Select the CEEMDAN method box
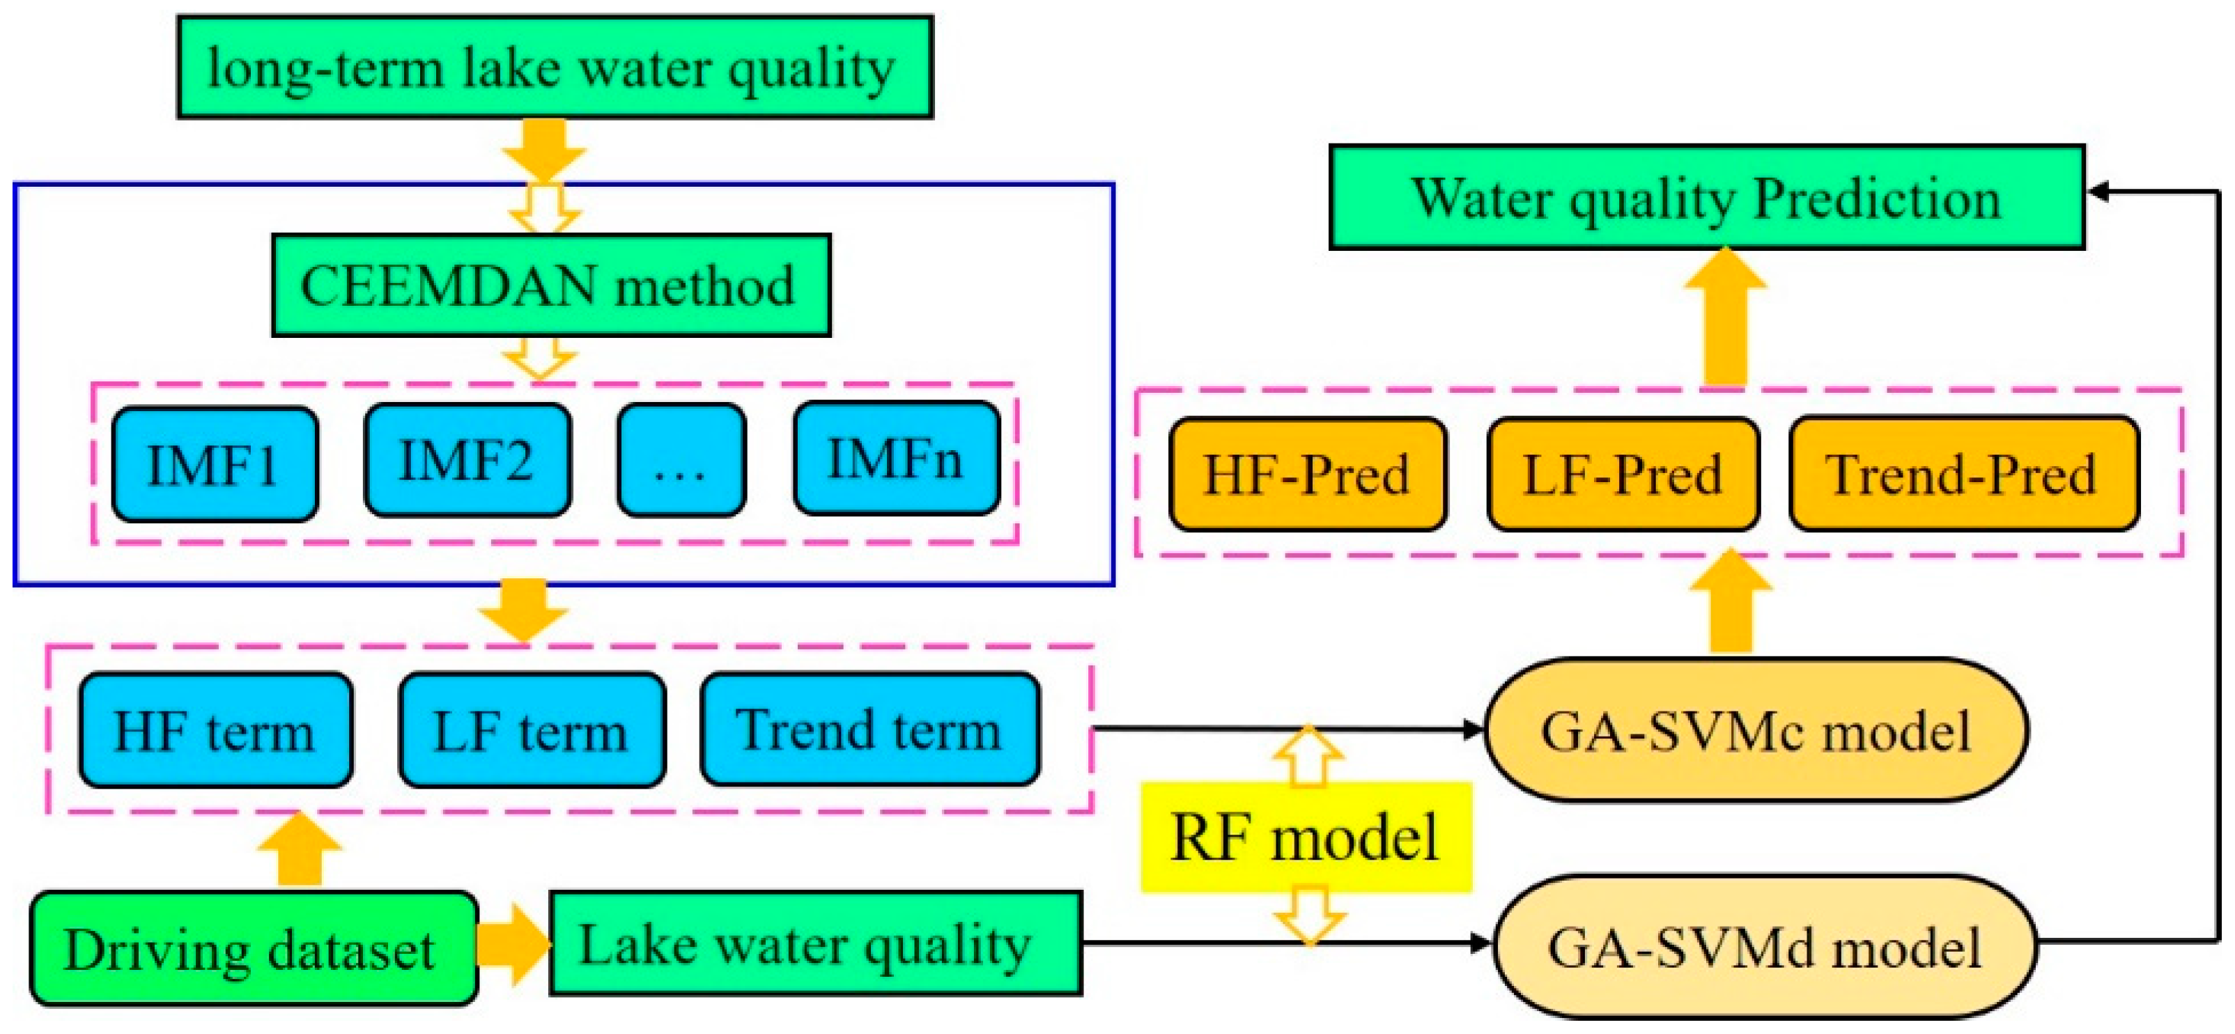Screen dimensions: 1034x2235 [551, 284]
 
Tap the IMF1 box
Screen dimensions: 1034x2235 [215, 464]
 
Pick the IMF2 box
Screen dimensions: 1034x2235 [467, 460]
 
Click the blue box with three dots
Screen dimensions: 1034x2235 [681, 460]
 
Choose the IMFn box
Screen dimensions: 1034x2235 [896, 458]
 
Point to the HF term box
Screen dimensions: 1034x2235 [215, 730]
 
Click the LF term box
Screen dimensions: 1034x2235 [532, 730]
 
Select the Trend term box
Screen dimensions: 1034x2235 [869, 729]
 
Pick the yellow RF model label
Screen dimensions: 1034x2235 [1305, 837]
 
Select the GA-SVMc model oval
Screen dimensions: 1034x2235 [1756, 730]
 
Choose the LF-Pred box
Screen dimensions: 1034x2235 [1623, 474]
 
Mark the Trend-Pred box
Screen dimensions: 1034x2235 [1963, 474]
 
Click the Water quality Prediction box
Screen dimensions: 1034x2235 [1706, 198]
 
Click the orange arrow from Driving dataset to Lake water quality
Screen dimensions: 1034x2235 [513, 946]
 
